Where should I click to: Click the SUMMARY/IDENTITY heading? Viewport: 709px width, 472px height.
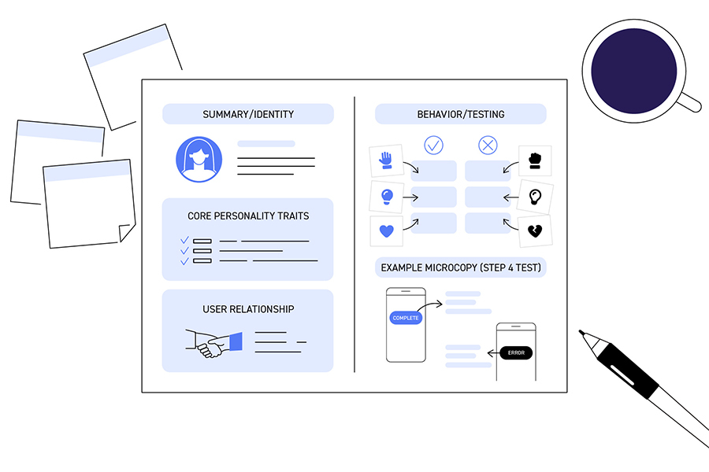click(248, 115)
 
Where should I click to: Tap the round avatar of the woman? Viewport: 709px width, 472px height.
click(199, 160)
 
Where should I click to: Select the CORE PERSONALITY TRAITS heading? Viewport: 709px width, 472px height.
click(248, 216)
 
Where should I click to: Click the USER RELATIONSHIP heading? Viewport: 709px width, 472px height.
click(248, 309)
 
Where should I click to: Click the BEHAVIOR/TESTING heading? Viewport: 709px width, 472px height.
click(461, 115)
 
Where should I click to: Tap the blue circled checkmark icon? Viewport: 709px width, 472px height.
click(434, 146)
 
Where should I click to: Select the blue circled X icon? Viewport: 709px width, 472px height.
click(488, 146)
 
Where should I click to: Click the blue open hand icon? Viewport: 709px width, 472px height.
click(386, 160)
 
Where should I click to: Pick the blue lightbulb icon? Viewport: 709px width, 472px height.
click(386, 197)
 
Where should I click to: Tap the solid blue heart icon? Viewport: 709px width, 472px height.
click(386, 231)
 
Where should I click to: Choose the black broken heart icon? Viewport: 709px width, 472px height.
click(535, 231)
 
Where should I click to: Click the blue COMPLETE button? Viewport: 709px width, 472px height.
click(406, 318)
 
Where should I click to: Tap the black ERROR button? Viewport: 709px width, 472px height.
click(516, 352)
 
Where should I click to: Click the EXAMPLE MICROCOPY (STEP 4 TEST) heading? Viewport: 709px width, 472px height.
click(461, 268)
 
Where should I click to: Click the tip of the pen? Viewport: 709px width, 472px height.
click(581, 332)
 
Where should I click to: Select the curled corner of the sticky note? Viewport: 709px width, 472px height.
click(125, 233)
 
